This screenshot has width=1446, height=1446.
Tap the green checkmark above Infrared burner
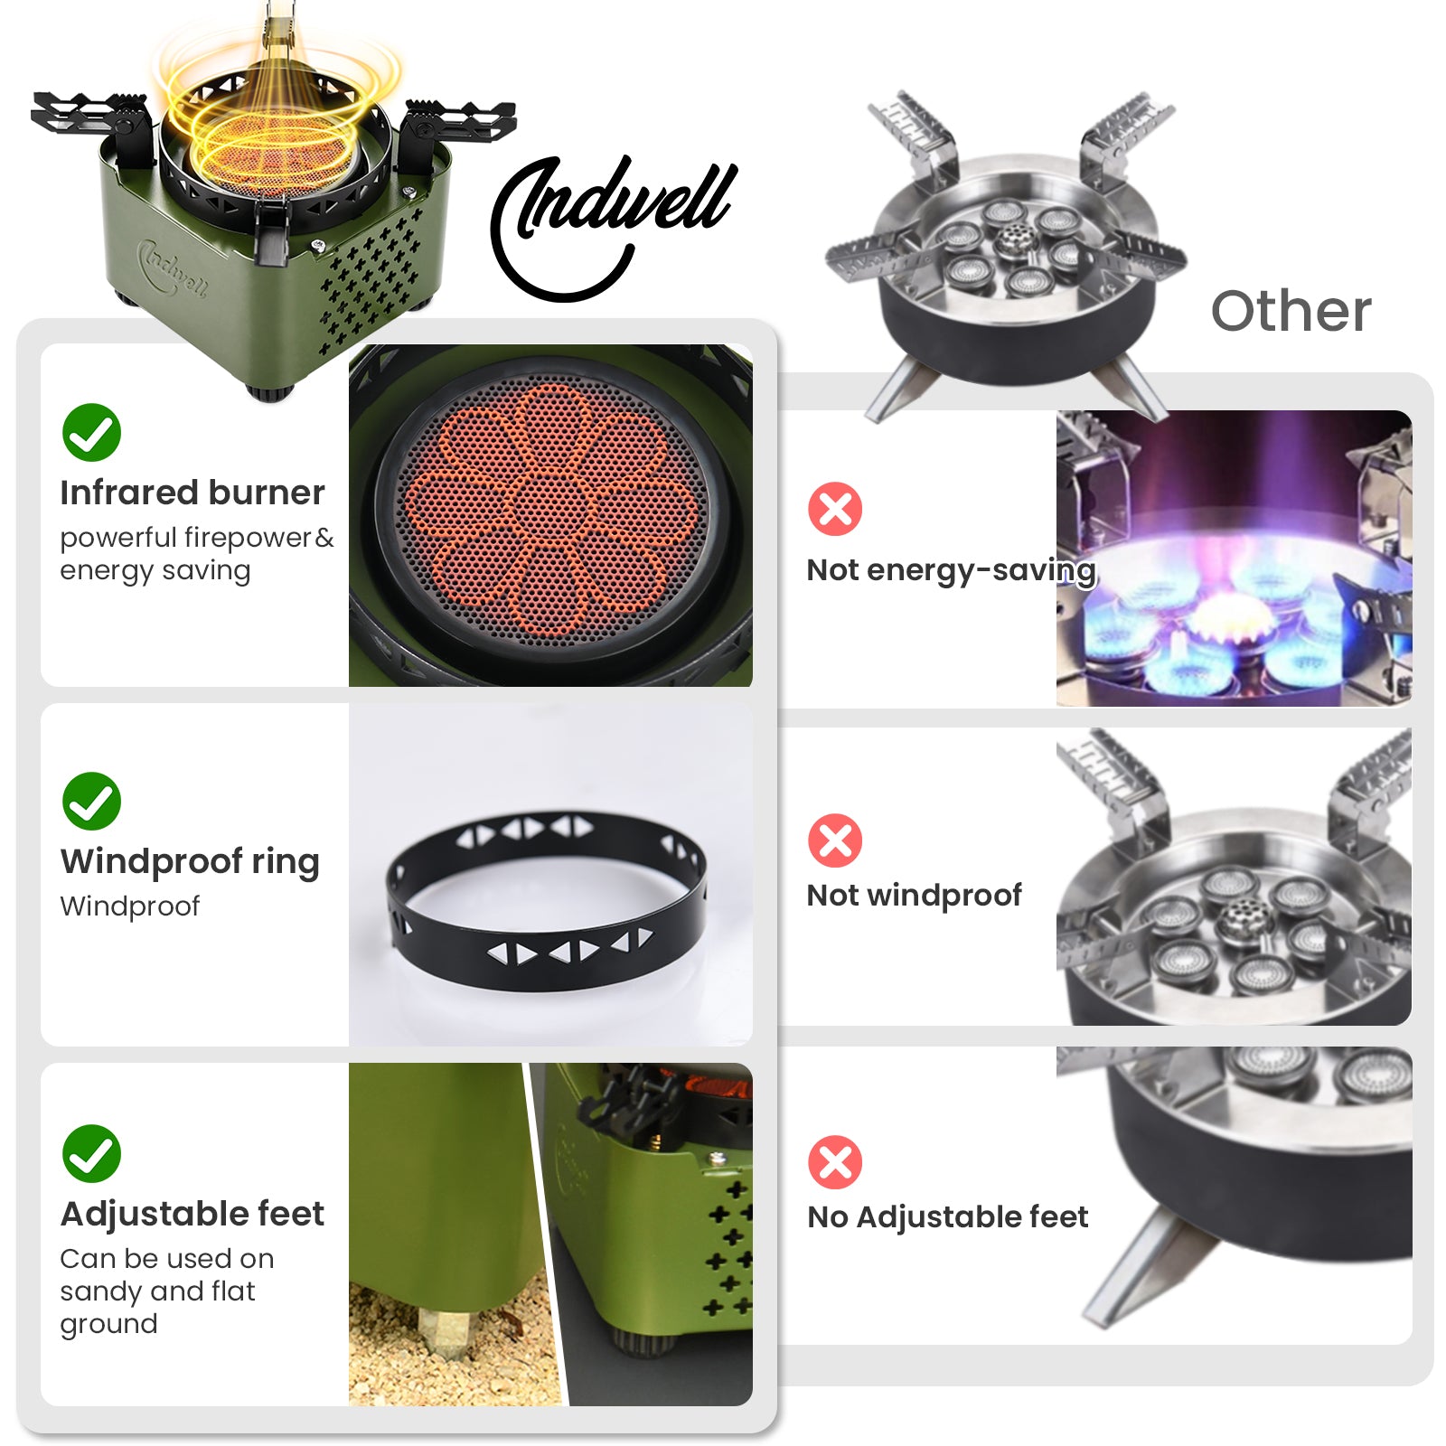click(91, 432)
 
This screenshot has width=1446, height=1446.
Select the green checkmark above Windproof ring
click(91, 801)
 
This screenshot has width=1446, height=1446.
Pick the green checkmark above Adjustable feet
click(91, 1153)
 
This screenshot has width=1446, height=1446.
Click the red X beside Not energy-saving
click(835, 509)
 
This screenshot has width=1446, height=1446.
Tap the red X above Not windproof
click(835, 840)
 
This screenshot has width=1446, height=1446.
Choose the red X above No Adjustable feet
click(835, 1162)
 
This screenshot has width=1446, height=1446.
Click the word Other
click(1291, 311)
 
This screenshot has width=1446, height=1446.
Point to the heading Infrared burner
click(192, 493)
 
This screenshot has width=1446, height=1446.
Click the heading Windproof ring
click(190, 862)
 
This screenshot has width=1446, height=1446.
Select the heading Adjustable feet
click(192, 1214)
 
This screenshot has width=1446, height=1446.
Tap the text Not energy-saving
click(951, 570)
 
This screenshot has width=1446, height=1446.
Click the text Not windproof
click(914, 896)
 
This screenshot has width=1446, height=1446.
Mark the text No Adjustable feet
click(947, 1217)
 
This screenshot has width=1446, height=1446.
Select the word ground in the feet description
click(108, 1325)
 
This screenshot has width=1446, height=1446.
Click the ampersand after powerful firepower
click(324, 538)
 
